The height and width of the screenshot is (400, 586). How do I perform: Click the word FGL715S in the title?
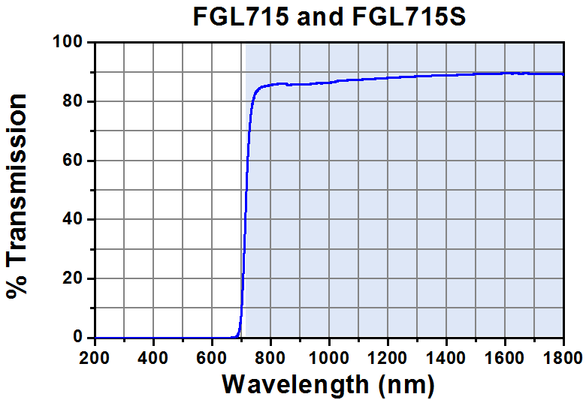[409, 17]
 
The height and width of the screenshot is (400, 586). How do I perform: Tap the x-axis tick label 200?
[95, 354]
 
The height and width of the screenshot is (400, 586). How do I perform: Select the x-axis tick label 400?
[154, 354]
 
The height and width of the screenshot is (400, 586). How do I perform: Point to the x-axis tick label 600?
[213, 354]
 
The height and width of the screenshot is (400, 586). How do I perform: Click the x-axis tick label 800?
[271, 354]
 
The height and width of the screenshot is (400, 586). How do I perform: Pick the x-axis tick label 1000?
[330, 354]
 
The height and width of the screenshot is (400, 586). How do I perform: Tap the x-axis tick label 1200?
[388, 354]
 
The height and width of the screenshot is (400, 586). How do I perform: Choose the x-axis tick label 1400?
[447, 354]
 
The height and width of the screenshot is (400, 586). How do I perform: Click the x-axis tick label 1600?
[506, 354]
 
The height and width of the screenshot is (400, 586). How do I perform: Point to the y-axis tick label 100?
[69, 43]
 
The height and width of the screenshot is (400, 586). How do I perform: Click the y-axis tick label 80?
[74, 101]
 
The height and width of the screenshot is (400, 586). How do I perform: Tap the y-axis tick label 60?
[74, 161]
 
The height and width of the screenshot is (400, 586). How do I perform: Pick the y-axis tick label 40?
[74, 219]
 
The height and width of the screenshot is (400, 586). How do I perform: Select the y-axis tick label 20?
[74, 278]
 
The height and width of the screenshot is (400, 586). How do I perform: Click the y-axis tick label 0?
[78, 338]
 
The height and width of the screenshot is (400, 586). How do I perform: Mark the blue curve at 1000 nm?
[330, 83]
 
